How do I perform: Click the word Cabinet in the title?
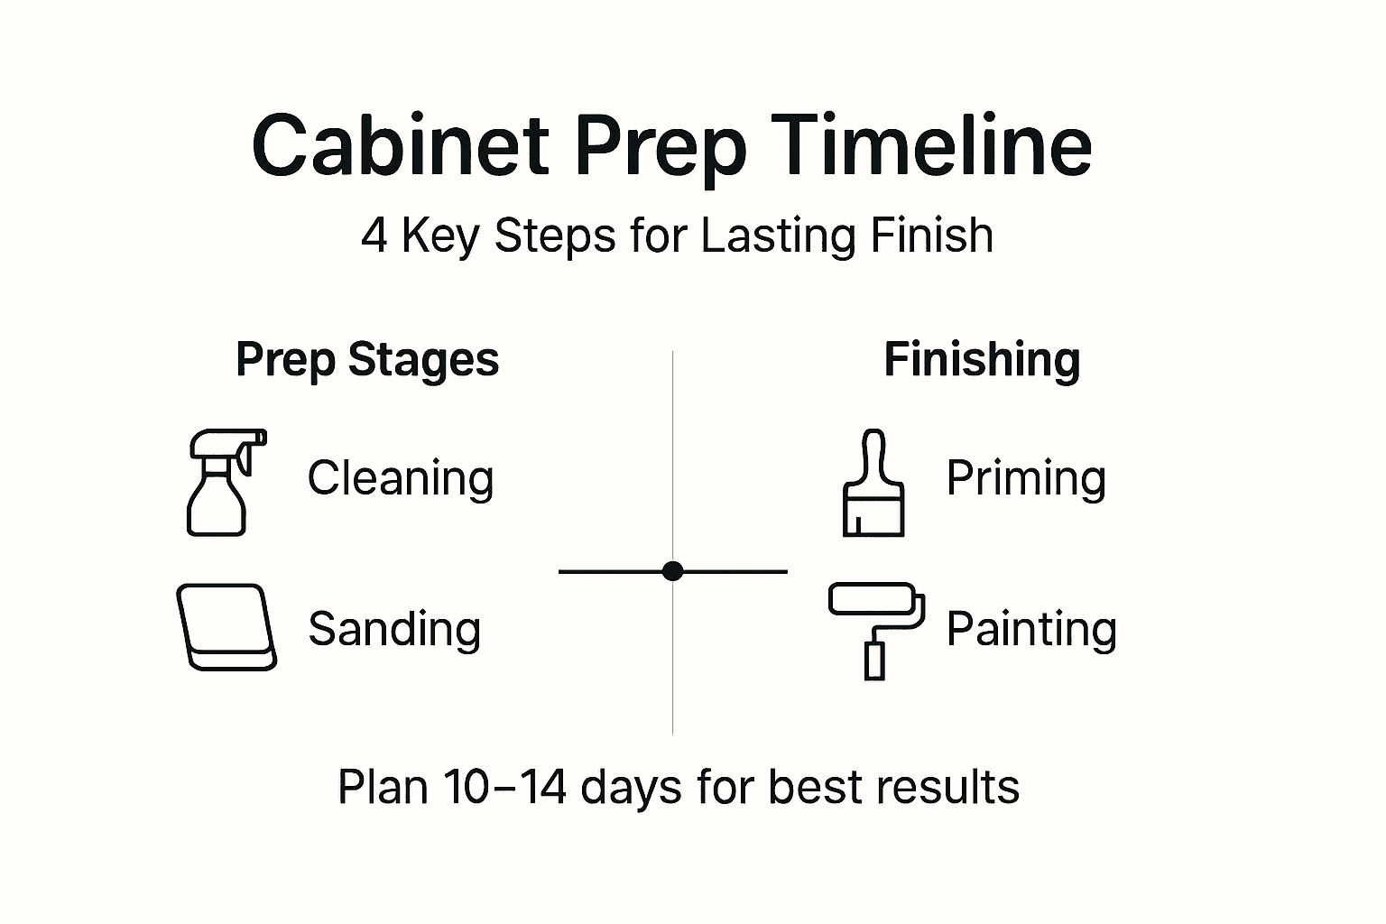[x=400, y=146]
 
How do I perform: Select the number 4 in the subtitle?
[x=374, y=236]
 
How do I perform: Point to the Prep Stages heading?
[x=366, y=360]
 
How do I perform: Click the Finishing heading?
[x=982, y=360]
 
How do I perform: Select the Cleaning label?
[x=401, y=478]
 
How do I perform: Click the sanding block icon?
[x=226, y=627]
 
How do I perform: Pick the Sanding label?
[x=394, y=629]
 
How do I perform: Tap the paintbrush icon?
[x=873, y=485]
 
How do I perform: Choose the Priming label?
[x=1026, y=478]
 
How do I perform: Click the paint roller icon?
[x=876, y=629]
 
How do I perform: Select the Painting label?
[x=1031, y=629]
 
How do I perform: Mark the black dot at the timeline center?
[x=672, y=570]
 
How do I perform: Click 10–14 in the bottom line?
[x=504, y=787]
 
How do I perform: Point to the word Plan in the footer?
[x=383, y=787]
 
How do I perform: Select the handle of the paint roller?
[x=874, y=660]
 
